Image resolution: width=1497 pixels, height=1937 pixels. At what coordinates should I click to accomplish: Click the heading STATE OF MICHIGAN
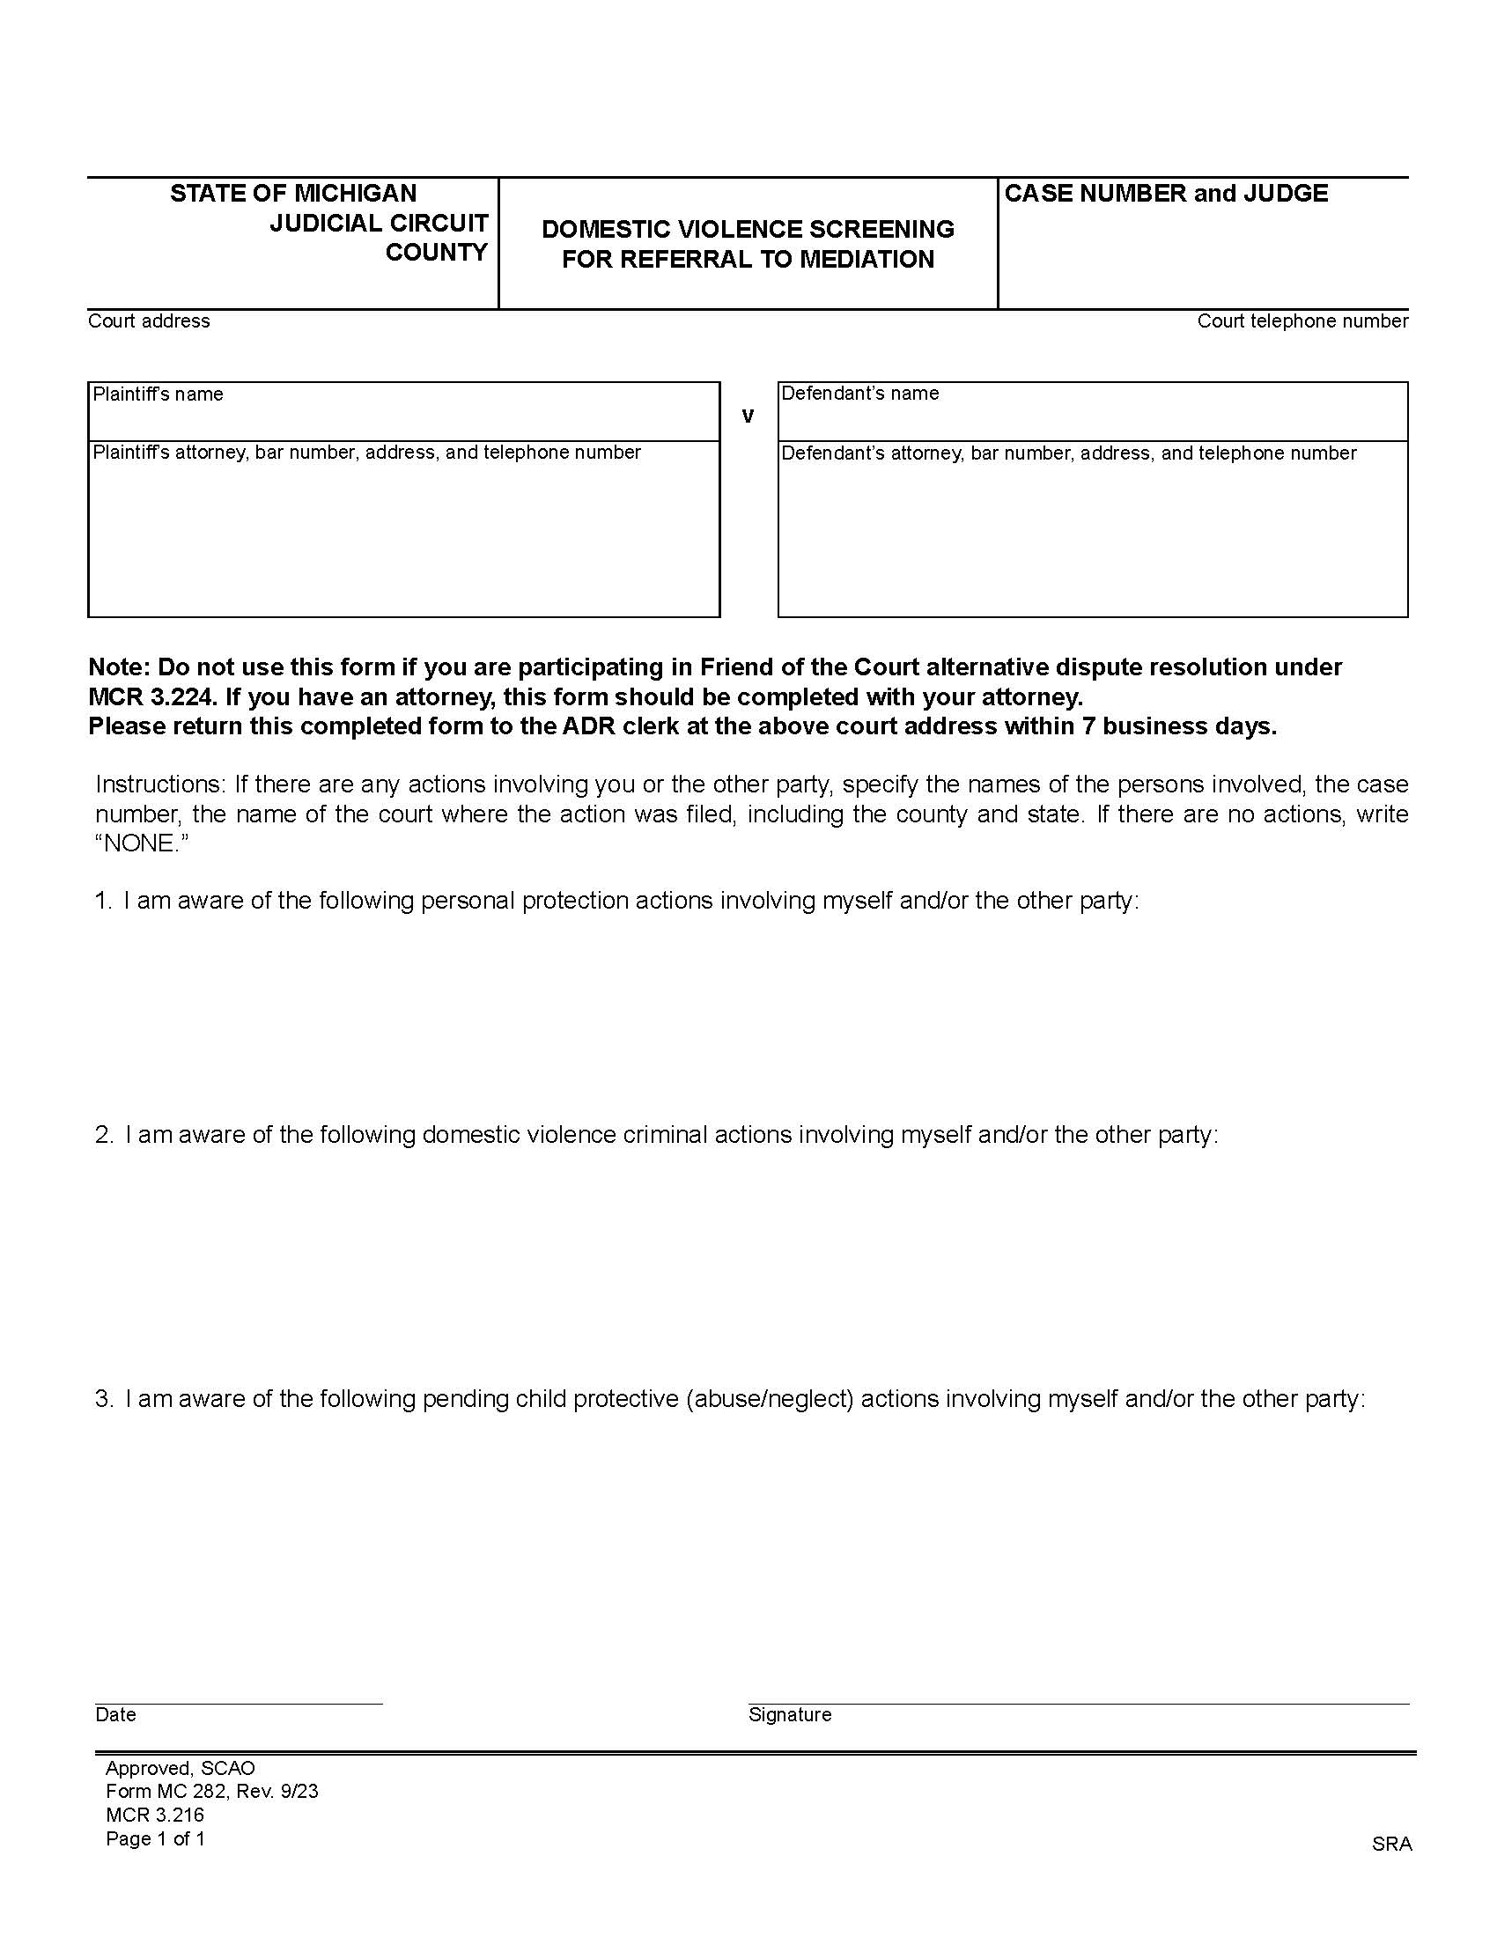coord(292,194)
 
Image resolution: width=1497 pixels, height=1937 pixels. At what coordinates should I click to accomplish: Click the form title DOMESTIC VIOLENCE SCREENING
coord(748,229)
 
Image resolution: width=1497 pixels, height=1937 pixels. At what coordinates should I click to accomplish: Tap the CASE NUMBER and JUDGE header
coord(1165,194)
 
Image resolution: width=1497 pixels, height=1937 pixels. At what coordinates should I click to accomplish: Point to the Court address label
coord(149,321)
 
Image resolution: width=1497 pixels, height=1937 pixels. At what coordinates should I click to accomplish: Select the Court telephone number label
coord(1302,321)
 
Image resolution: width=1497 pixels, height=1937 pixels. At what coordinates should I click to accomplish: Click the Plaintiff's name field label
coord(158,394)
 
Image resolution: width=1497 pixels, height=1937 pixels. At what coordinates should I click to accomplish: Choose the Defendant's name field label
coord(859,393)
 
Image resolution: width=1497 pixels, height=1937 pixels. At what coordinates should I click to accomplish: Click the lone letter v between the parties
coord(748,416)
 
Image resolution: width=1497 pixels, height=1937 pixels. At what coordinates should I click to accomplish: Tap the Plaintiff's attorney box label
coord(366,453)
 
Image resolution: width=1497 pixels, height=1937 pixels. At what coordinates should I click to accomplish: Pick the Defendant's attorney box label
coord(1069,453)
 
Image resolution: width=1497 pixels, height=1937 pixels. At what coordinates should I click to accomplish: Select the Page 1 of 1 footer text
coord(155,1838)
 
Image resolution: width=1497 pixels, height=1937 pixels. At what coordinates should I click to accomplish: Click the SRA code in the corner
coord(1391,1844)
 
